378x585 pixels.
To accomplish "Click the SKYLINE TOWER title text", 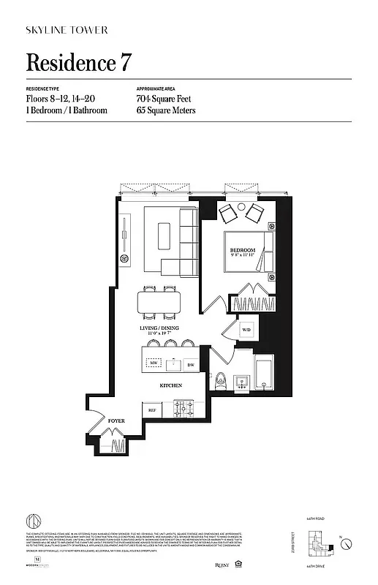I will [x=67, y=30].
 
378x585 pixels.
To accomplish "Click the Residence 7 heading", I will [x=79, y=63].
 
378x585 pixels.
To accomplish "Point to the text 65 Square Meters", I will [x=166, y=110].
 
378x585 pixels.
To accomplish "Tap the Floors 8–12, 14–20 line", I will [x=61, y=98].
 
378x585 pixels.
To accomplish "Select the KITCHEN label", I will [x=171, y=385].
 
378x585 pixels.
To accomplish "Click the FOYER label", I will [x=116, y=422].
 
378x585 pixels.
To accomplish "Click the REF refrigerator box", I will [x=152, y=410].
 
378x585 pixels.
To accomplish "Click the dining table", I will [x=160, y=301].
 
